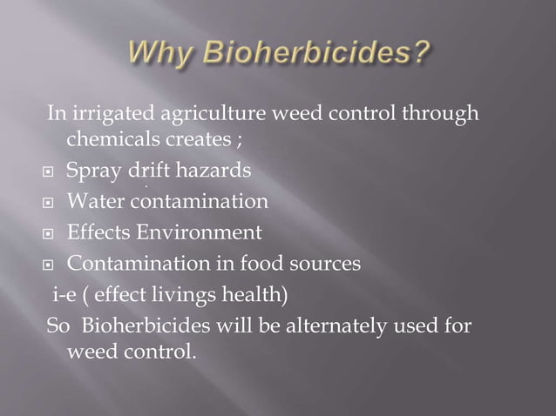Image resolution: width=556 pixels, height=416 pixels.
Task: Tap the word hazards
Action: (215, 171)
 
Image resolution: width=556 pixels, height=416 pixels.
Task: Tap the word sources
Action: (328, 263)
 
